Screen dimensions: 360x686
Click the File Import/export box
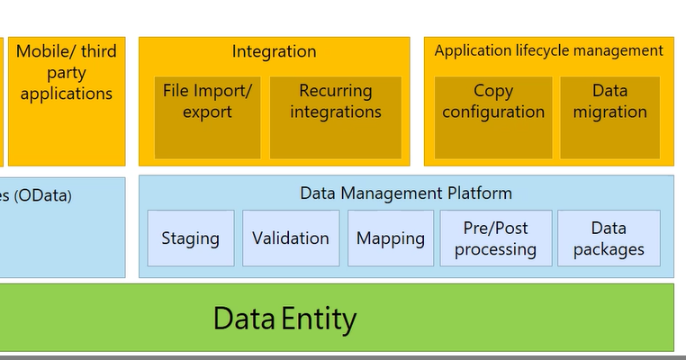[x=208, y=117]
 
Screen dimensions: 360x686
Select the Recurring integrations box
[x=335, y=117]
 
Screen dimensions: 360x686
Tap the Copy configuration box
[x=493, y=117]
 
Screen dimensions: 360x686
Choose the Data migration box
[x=609, y=117]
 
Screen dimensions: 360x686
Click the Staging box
[x=190, y=238]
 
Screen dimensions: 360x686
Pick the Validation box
[x=291, y=238]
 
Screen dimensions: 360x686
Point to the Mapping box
[x=390, y=238]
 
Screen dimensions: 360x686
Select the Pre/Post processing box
[x=495, y=238]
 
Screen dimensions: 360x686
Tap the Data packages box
[x=609, y=238]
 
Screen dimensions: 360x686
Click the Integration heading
[x=274, y=51]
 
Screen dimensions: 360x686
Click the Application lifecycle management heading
[x=548, y=51]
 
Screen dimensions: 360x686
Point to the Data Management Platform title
[x=405, y=193]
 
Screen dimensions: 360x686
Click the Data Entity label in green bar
[x=284, y=319]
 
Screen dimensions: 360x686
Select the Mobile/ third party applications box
[x=66, y=73]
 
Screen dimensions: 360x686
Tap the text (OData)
[x=37, y=194]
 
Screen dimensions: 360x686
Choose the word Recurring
[x=335, y=91]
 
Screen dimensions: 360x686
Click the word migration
[x=609, y=112]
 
